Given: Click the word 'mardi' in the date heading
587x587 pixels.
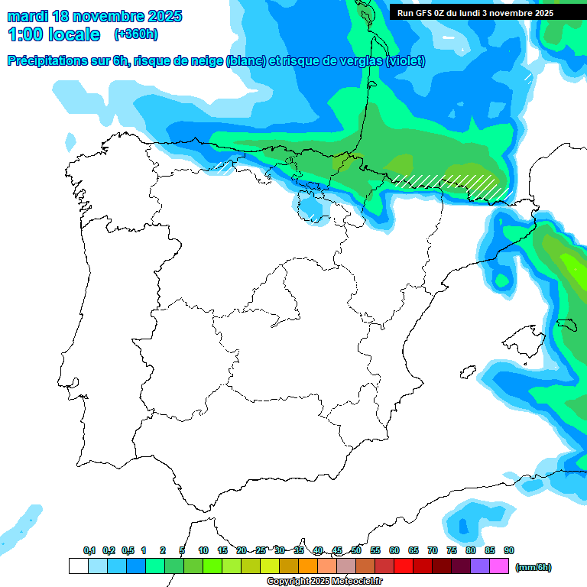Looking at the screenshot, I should (28, 16).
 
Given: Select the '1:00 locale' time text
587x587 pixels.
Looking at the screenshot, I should (54, 34).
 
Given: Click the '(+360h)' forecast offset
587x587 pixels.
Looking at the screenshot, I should (135, 34).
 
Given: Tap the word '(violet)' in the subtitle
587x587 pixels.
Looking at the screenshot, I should (406, 61).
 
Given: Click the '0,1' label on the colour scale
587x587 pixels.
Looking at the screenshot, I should (89, 550).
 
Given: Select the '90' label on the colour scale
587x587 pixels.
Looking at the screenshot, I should (509, 550).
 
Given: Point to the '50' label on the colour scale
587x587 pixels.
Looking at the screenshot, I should (356, 550).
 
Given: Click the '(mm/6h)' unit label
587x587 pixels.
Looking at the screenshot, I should (533, 567).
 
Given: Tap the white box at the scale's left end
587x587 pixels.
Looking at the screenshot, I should (78, 566).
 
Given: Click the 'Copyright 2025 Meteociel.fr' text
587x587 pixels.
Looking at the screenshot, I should (325, 582).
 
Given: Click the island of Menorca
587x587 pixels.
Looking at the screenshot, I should (566, 324).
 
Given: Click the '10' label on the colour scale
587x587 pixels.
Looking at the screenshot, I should (203, 550).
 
